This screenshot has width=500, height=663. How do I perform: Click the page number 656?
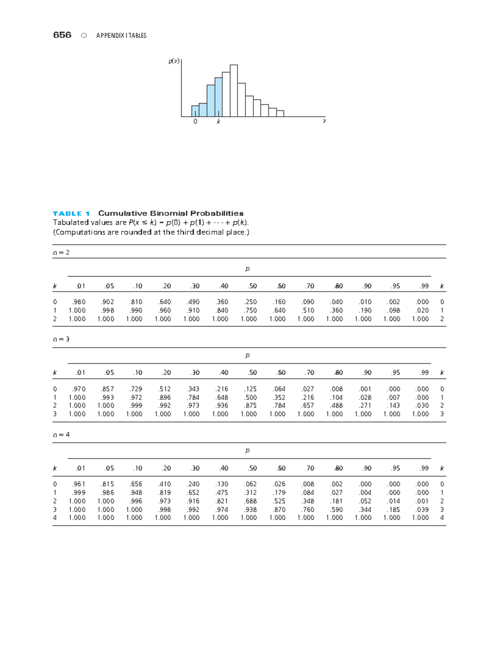click(62, 35)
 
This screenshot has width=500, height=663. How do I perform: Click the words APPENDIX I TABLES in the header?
click(121, 35)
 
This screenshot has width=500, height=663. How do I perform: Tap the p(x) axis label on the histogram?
click(174, 61)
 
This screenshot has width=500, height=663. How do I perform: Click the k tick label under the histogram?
click(218, 122)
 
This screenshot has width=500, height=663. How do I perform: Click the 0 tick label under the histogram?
click(195, 122)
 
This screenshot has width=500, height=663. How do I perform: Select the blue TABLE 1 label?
click(71, 213)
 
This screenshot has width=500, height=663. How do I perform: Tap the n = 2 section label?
click(61, 252)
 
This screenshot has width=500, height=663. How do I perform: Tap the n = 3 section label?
click(61, 339)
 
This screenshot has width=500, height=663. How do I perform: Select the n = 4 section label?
click(61, 434)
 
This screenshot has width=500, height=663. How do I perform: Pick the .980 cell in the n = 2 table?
click(78, 302)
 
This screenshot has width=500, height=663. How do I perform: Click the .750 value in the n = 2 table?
click(250, 310)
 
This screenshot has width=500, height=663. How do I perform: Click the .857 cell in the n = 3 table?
click(107, 389)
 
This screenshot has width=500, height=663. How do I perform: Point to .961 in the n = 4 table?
click(78, 484)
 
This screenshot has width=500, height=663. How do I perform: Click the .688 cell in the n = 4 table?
click(250, 501)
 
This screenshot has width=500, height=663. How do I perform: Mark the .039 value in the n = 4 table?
click(422, 509)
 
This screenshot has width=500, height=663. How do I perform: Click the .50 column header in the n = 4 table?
click(252, 468)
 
